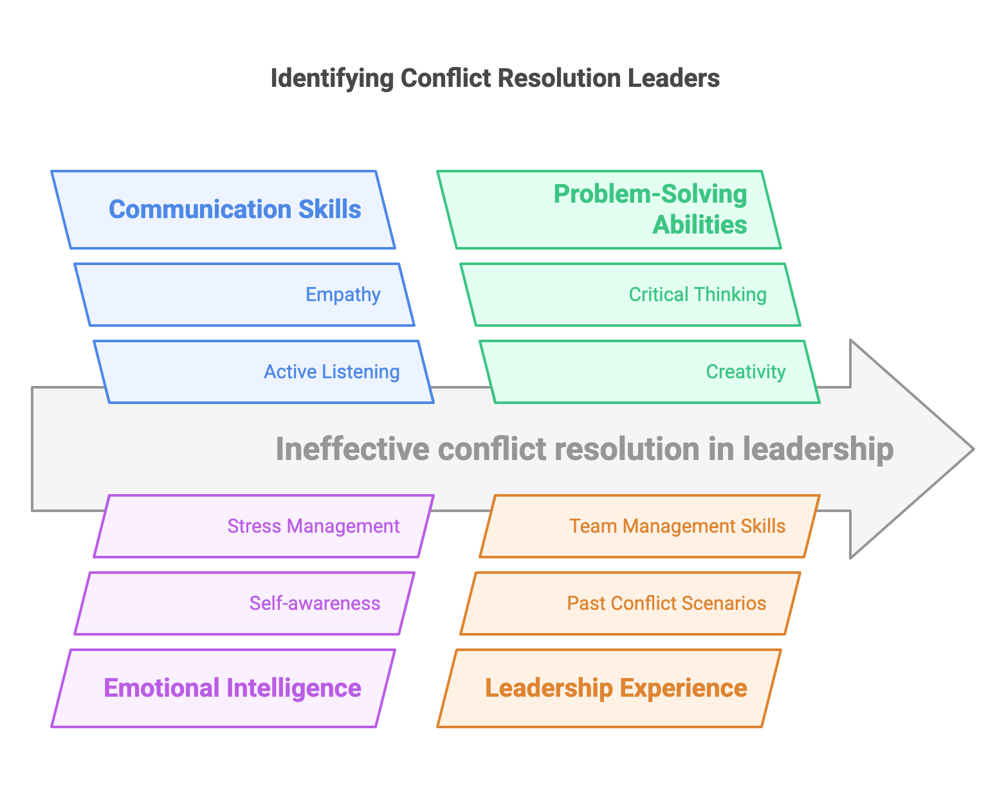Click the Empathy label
point(343,295)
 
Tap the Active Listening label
point(332,372)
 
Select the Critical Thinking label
point(697,295)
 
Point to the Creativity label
point(745,372)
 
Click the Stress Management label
point(313,526)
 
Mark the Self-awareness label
point(315,603)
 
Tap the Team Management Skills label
point(677,526)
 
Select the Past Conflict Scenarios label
point(666,603)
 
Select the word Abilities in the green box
point(700,225)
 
